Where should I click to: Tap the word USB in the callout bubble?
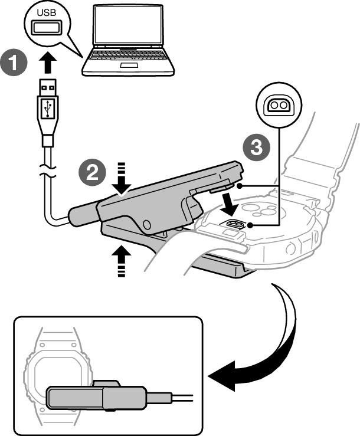click(x=47, y=12)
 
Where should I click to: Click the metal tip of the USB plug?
click(x=47, y=88)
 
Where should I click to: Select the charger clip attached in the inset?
click(x=94, y=396)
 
